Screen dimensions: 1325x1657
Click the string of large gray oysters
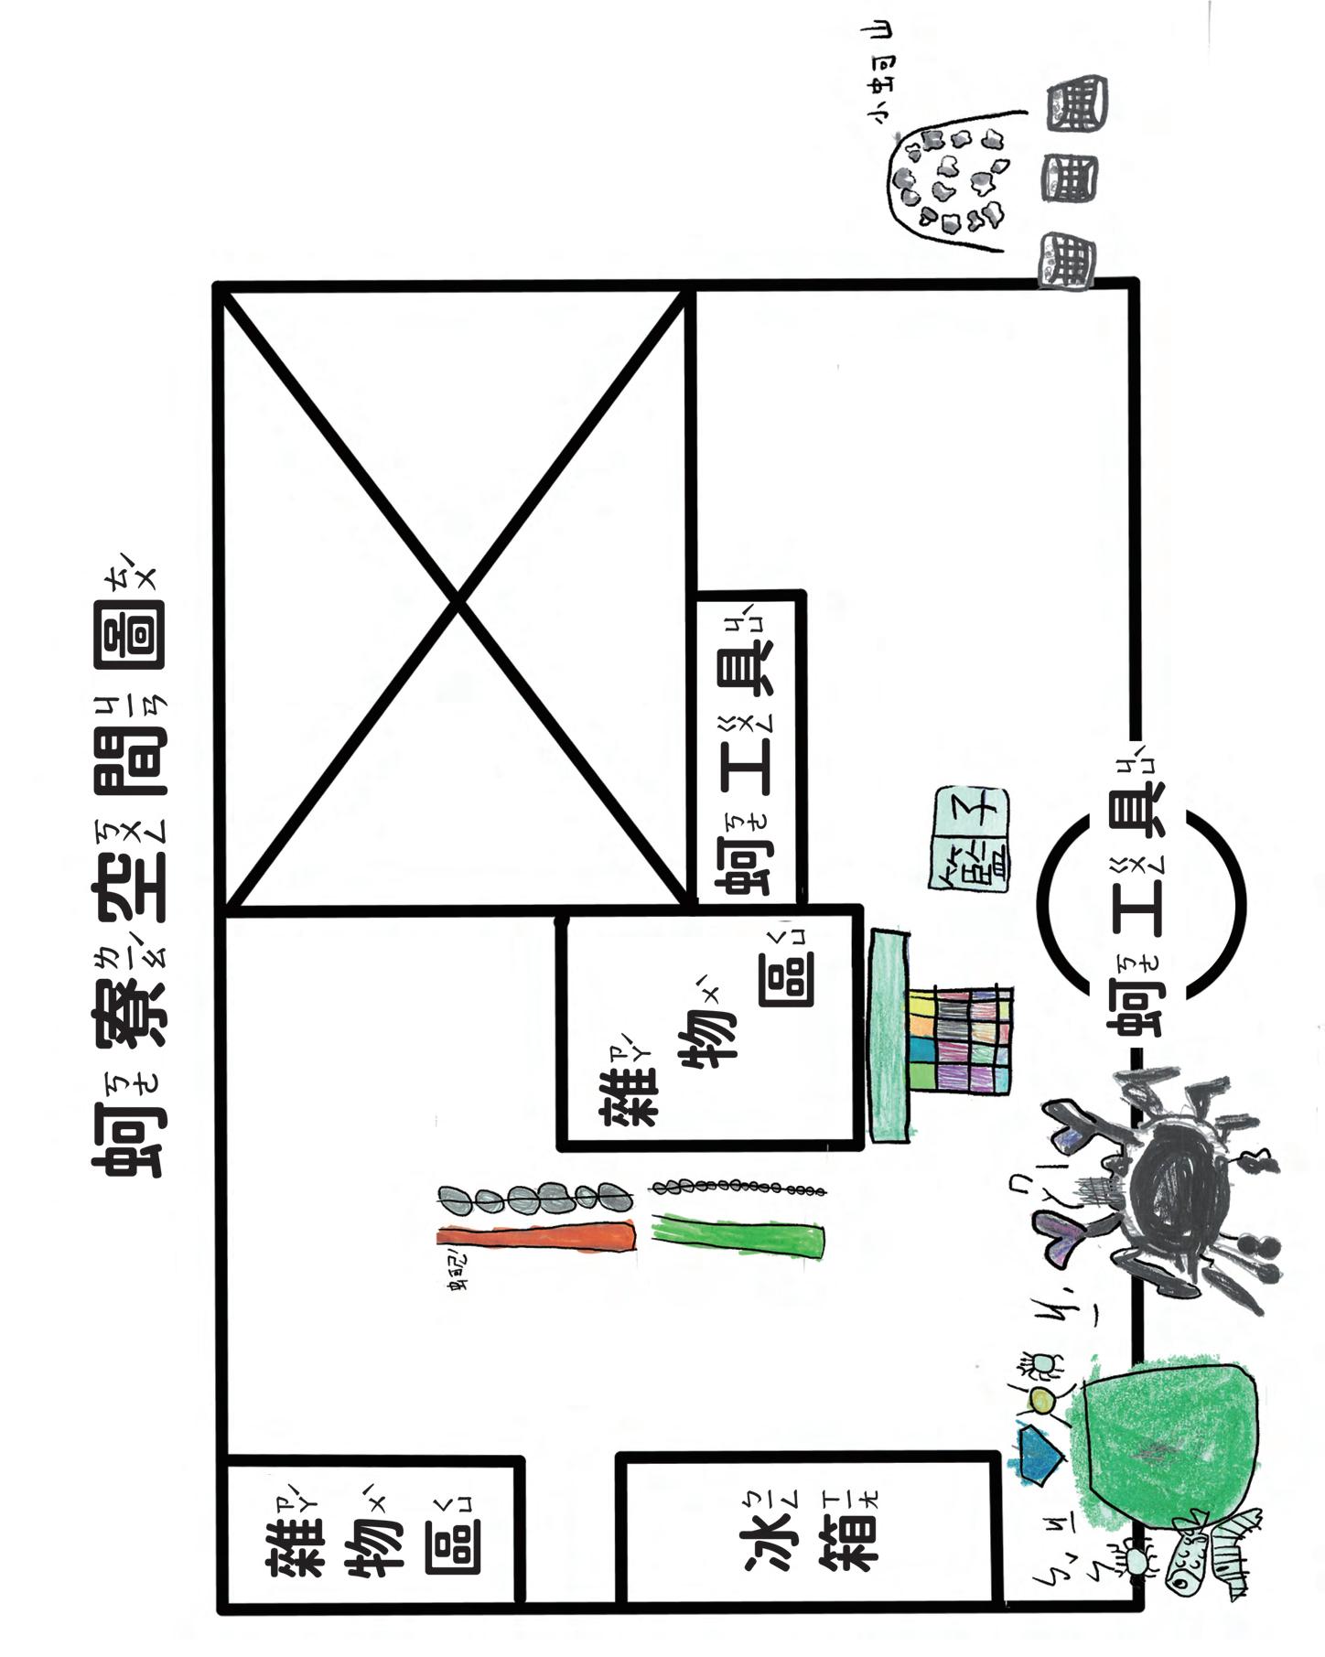pos(535,1197)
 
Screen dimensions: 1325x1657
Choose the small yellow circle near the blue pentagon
pos(1040,1398)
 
